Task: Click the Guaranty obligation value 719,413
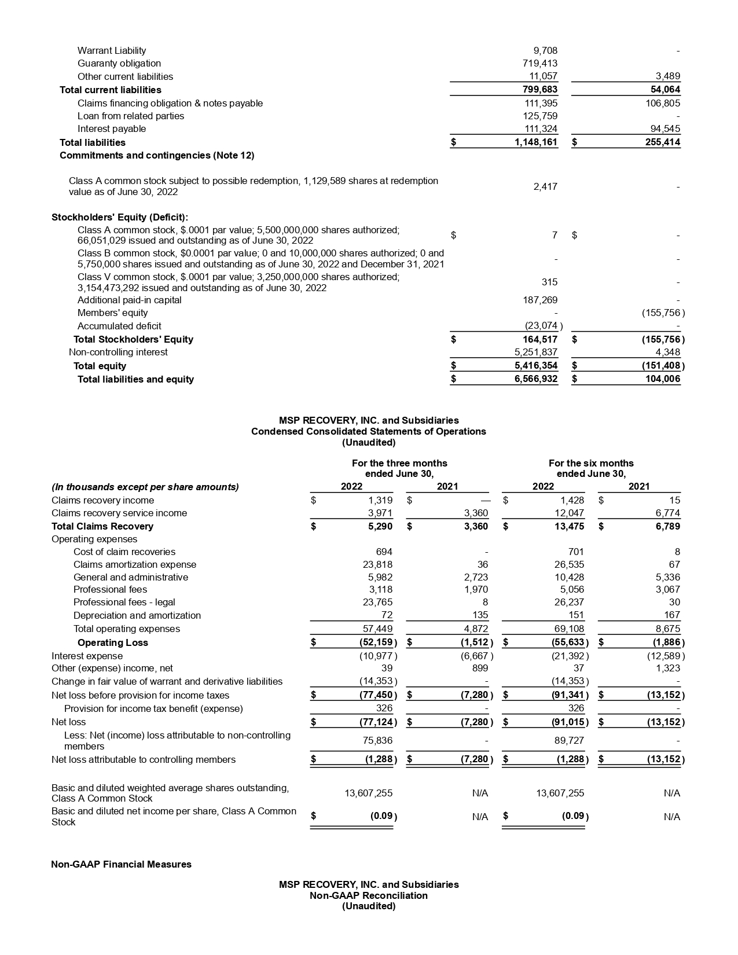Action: click(539, 63)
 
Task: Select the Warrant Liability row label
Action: click(112, 50)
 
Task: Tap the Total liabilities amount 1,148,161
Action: click(535, 142)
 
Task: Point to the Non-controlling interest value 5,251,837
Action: click(535, 352)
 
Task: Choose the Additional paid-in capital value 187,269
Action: click(539, 300)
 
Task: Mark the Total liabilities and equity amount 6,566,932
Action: click(535, 379)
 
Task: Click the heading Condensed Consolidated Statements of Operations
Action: click(368, 431)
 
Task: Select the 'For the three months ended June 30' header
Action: click(399, 468)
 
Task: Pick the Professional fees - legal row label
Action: click(124, 602)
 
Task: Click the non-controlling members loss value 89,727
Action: click(570, 740)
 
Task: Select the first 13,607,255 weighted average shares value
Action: click(368, 794)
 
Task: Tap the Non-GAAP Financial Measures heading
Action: click(121, 864)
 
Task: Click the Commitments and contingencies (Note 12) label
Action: click(157, 155)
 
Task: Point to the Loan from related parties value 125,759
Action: click(539, 116)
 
